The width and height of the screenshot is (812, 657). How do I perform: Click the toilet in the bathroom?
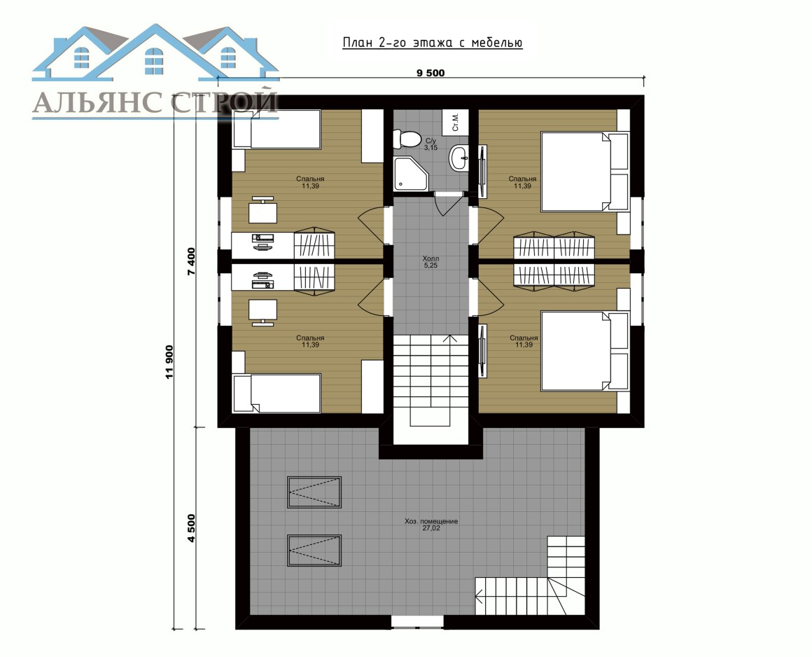(407, 139)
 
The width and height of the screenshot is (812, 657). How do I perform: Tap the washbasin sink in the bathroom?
(458, 158)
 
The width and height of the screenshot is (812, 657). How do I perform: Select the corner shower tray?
(411, 173)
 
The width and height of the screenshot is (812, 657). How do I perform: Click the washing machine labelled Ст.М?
(455, 120)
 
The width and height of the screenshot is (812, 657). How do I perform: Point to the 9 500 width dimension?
(430, 73)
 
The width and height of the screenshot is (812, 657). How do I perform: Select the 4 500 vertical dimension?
(191, 528)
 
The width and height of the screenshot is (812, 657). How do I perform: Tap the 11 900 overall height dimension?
(169, 361)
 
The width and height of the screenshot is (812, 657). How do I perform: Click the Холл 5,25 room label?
(430, 262)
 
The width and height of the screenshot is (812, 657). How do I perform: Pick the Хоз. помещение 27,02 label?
(431, 525)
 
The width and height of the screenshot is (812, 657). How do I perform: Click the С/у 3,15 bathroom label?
(431, 144)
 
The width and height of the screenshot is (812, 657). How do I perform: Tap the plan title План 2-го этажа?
(433, 43)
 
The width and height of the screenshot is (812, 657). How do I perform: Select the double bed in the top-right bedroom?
(584, 172)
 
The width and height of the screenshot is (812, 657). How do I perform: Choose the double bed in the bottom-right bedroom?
(584, 351)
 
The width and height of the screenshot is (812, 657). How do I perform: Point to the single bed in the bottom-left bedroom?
(276, 393)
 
